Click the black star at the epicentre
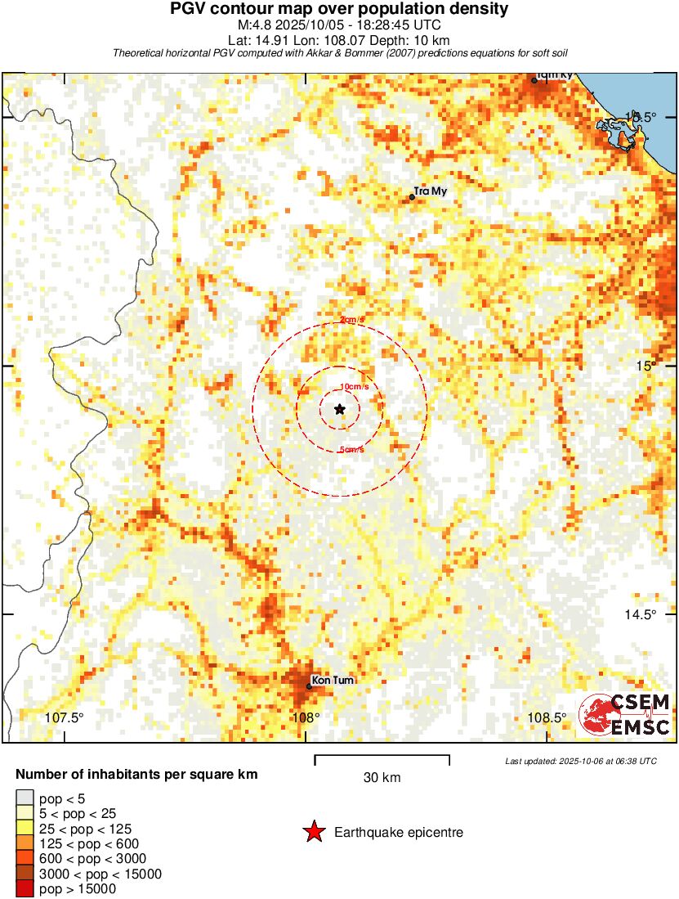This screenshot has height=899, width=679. pyautogui.click(x=340, y=409)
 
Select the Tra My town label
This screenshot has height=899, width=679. pyautogui.click(x=431, y=192)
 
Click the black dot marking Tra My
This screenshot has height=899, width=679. pyautogui.click(x=413, y=197)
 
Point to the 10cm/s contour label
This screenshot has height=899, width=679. pyautogui.click(x=354, y=386)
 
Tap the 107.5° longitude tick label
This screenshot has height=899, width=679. pyautogui.click(x=64, y=718)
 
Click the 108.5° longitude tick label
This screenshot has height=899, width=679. pyautogui.click(x=547, y=718)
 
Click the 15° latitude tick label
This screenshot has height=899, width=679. pyautogui.click(x=647, y=366)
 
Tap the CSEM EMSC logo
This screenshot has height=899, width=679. pyautogui.click(x=625, y=714)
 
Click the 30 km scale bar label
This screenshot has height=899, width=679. pyautogui.click(x=382, y=777)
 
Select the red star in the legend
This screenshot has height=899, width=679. pyautogui.click(x=313, y=833)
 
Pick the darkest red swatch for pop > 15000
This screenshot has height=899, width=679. pyautogui.click(x=25, y=888)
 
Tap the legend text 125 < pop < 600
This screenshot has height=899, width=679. pyautogui.click(x=89, y=843)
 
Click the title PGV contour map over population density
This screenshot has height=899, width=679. pyautogui.click(x=339, y=10)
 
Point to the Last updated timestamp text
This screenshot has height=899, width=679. pyautogui.click(x=581, y=761)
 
